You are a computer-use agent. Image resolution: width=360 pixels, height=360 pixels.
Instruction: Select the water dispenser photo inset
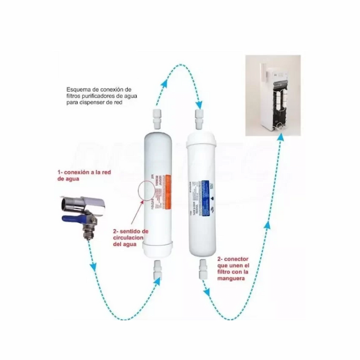[x=276, y=95]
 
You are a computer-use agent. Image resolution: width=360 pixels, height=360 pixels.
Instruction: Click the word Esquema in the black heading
[x=79, y=89]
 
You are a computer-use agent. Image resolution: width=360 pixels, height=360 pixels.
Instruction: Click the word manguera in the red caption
[x=231, y=278]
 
